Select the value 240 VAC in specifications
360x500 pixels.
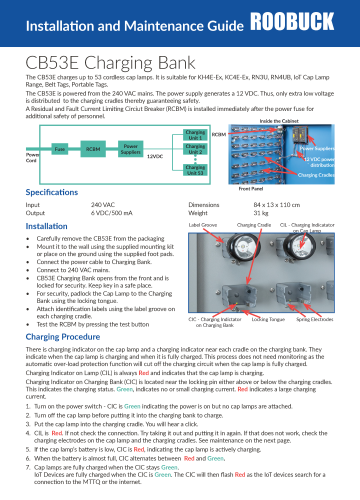click(x=89, y=204)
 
